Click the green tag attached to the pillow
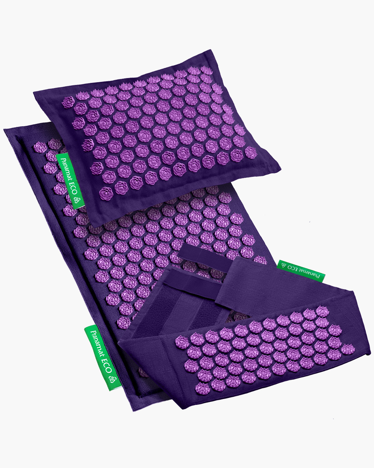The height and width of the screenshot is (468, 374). click(x=70, y=181)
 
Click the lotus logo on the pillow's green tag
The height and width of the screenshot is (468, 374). click(x=77, y=200)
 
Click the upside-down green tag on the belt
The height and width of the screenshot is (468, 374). click(x=301, y=271)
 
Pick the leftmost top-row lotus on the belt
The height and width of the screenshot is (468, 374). click(x=182, y=341)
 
